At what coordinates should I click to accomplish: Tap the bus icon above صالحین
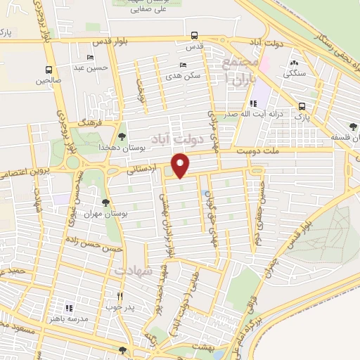click(x=49, y=70)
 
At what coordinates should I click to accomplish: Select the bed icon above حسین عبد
click(x=89, y=58)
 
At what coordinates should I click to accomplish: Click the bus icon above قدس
click(x=194, y=35)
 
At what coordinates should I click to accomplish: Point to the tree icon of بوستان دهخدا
click(x=122, y=136)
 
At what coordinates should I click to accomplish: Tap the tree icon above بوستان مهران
click(x=105, y=202)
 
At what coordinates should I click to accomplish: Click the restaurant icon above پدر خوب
click(x=120, y=296)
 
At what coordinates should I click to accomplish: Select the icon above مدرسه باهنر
click(x=69, y=307)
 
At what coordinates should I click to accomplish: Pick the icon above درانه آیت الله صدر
click(x=243, y=103)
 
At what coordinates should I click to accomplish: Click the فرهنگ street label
click(x=91, y=122)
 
